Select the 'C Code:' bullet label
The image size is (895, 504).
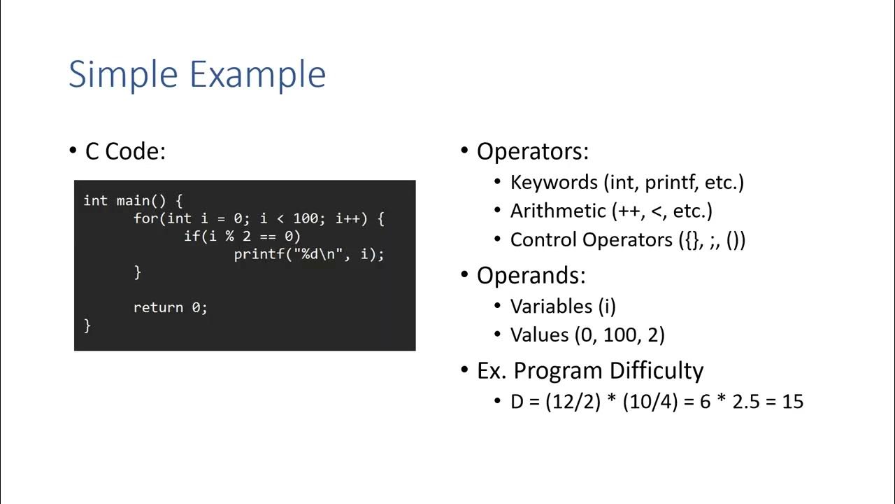pyautogui.click(x=125, y=151)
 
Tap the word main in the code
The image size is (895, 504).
pyautogui.click(x=133, y=201)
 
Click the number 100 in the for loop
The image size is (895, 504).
pyautogui.click(x=306, y=218)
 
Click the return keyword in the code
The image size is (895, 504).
pyautogui.click(x=158, y=307)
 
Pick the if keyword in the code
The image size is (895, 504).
pyautogui.click(x=192, y=237)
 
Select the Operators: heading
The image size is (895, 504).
pyautogui.click(x=533, y=151)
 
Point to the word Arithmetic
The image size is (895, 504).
pyautogui.click(x=558, y=211)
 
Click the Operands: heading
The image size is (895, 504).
pyautogui.click(x=531, y=275)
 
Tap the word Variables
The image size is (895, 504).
pyautogui.click(x=551, y=306)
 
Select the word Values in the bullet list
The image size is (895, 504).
pyautogui.click(x=539, y=335)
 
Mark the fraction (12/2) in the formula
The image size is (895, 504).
pyautogui.click(x=573, y=402)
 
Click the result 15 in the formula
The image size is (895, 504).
pyautogui.click(x=793, y=402)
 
